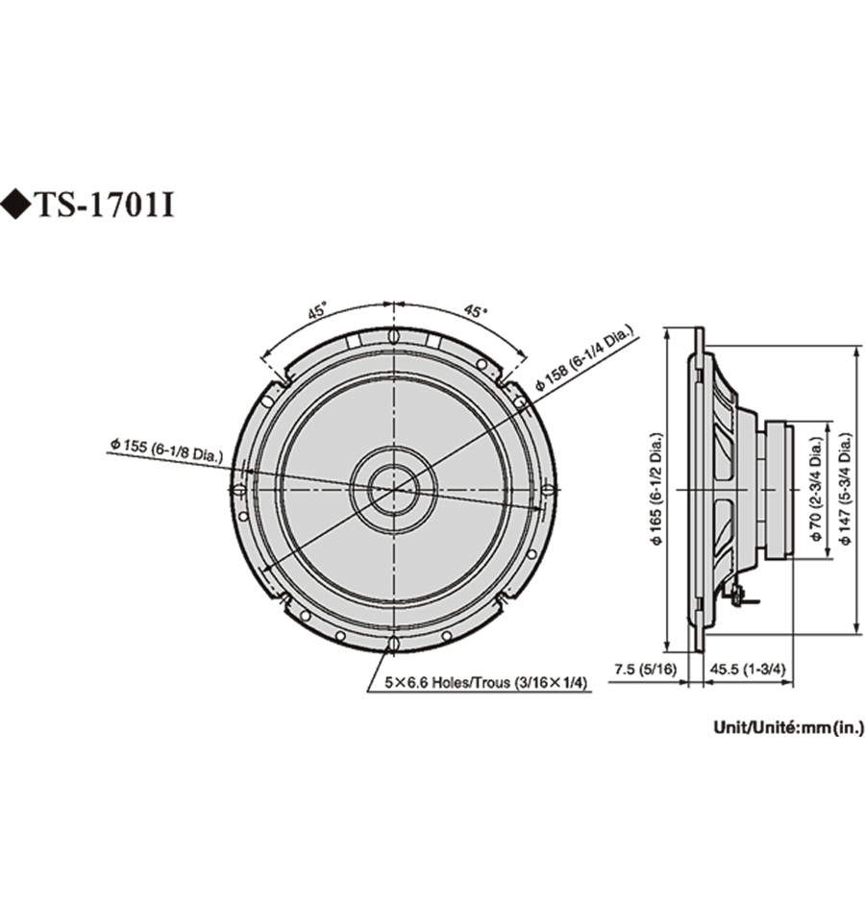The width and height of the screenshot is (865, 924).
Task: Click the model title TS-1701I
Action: pos(106,206)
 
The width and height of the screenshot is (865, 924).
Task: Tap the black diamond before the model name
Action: pos(16,206)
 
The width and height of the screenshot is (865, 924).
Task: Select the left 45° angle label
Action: pos(316,311)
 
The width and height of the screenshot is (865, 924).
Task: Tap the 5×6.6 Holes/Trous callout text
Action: pos(486,682)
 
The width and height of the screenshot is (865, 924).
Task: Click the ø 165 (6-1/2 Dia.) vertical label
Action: pos(657,489)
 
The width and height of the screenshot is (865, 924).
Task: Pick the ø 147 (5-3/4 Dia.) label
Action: pos(846,489)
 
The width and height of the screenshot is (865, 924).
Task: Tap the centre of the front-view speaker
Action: pos(393,489)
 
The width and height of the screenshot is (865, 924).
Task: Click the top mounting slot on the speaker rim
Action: pos(393,335)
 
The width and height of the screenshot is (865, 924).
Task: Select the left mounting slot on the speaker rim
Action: pos(238,489)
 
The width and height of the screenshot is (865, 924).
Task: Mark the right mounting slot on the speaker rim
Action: pos(548,489)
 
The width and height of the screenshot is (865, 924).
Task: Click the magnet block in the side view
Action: pos(779,489)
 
